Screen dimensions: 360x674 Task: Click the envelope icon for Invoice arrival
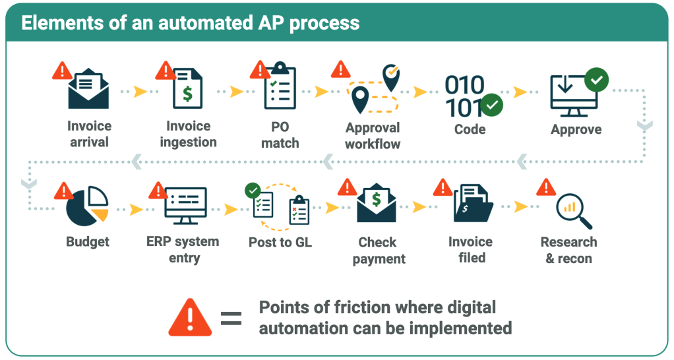pos(88,91)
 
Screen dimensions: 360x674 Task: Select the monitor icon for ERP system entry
pos(185,206)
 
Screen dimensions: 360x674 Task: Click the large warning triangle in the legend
pos(190,318)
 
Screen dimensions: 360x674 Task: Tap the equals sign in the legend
pos(231,318)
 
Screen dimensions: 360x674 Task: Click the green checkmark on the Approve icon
pos(597,80)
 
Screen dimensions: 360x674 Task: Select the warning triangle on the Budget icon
pos(63,191)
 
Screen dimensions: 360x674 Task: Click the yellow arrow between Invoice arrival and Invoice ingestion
pos(139,92)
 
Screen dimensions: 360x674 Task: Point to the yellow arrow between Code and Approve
pos(522,92)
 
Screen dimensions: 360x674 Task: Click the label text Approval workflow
pos(373,136)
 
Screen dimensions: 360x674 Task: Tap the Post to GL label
pos(280,243)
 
